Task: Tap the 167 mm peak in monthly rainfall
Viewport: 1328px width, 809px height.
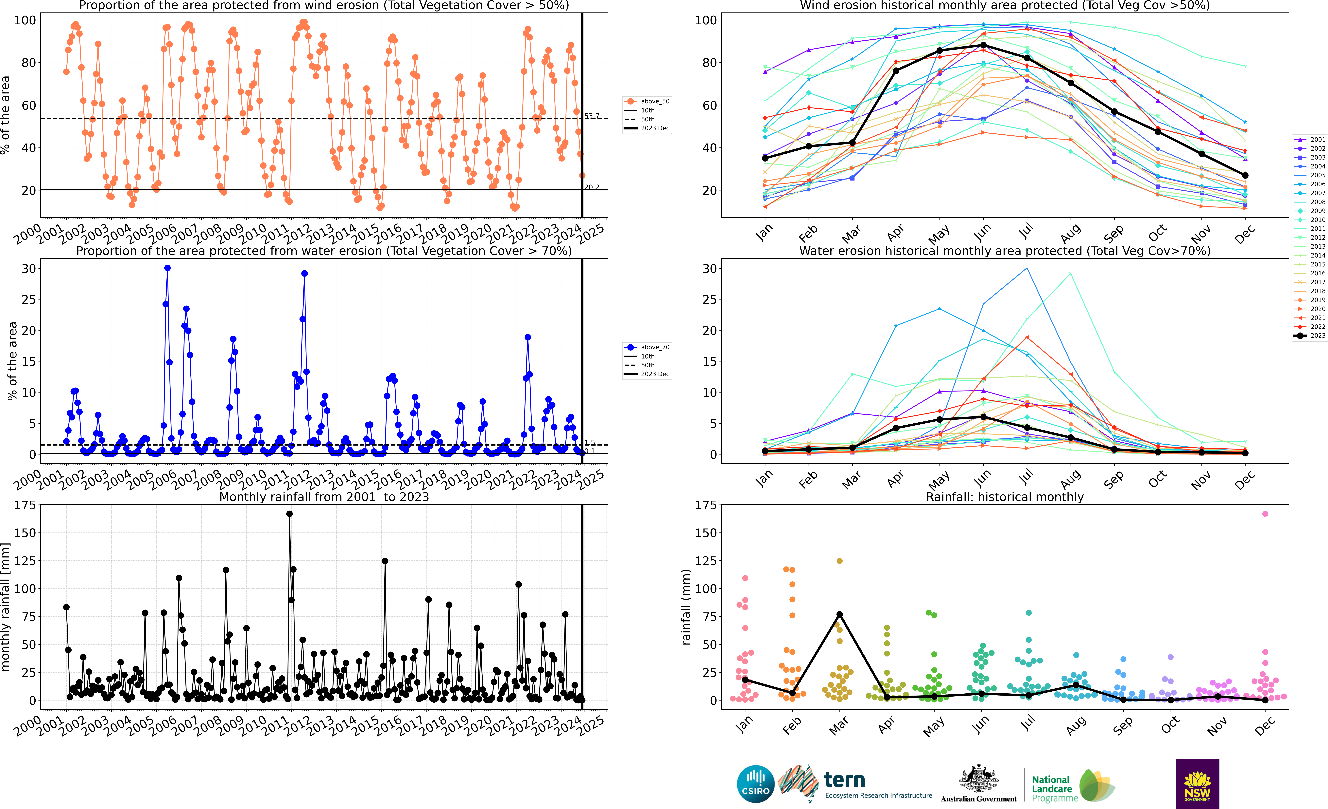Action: (x=289, y=514)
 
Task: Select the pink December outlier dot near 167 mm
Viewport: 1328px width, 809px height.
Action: (x=1266, y=514)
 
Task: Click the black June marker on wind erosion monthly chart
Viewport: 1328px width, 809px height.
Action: (x=983, y=45)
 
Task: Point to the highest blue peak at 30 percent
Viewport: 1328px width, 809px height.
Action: (x=168, y=268)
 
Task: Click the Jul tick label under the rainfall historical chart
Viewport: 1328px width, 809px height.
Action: (x=1028, y=723)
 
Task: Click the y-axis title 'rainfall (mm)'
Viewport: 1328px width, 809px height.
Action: (x=686, y=607)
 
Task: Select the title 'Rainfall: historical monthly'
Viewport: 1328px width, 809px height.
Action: (x=1005, y=497)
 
